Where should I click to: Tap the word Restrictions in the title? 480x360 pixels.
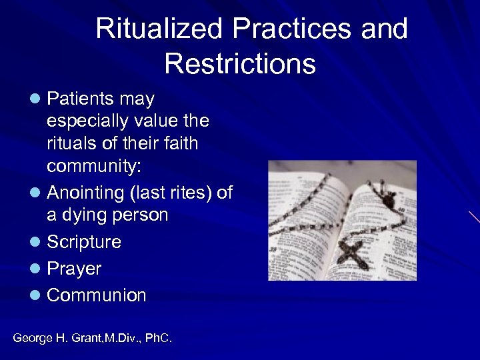click(239, 64)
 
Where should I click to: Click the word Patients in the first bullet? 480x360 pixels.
click(81, 99)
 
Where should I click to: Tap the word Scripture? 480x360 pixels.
click(84, 242)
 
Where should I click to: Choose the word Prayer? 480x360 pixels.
click(74, 269)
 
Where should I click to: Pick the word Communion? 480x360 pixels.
click(96, 295)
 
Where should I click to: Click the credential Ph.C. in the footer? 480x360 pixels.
click(157, 339)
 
